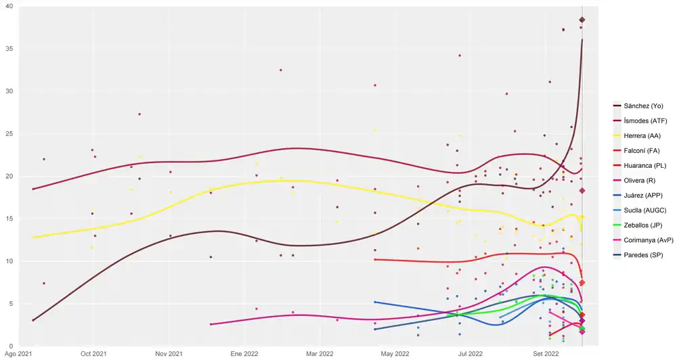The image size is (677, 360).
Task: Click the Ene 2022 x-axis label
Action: (x=244, y=353)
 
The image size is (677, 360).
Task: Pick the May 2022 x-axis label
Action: (x=395, y=353)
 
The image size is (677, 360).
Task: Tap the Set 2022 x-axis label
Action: (x=546, y=353)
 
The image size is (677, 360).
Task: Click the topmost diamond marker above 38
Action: (x=582, y=20)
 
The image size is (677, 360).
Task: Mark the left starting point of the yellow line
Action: (x=32, y=238)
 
